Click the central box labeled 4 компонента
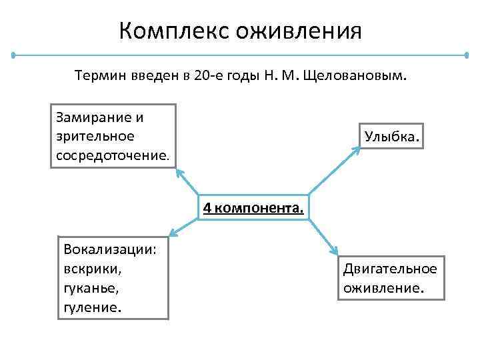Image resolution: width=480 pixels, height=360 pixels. pyautogui.click(x=253, y=207)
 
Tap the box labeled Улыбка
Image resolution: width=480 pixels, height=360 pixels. pyautogui.click(x=391, y=136)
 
